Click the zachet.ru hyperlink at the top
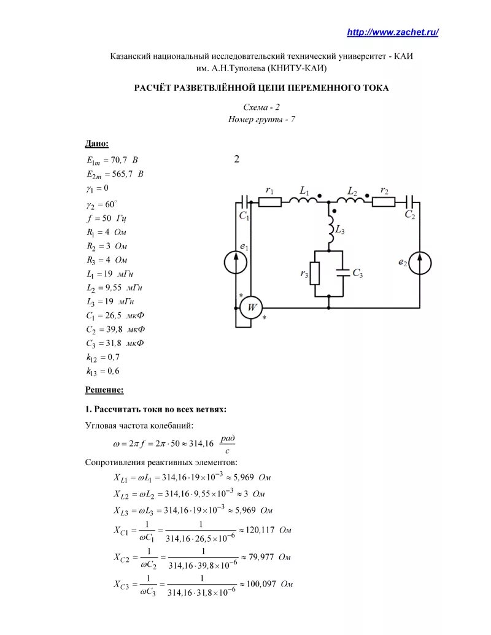[x=393, y=33]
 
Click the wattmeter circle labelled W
[x=250, y=307]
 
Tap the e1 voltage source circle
[x=236, y=262]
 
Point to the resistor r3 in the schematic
[x=315, y=273]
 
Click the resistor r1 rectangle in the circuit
[x=269, y=202]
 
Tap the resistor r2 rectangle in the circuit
[x=384, y=202]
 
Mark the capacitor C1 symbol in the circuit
[x=245, y=202]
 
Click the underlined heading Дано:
[x=96, y=144]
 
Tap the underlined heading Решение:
[x=104, y=390]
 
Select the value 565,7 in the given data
[x=122, y=174]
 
